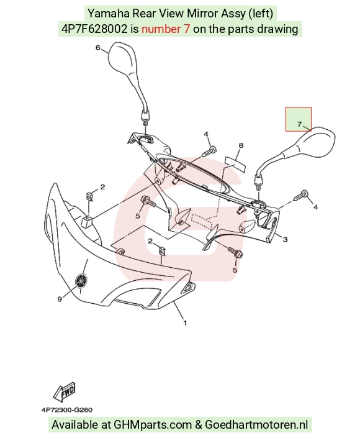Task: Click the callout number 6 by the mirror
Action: click(97, 48)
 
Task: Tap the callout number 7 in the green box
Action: click(299, 124)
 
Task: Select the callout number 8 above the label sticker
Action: click(241, 145)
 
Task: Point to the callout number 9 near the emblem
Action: click(60, 299)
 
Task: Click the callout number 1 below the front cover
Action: click(185, 323)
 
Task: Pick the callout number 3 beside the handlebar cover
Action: click(286, 239)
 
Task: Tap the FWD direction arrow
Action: click(65, 391)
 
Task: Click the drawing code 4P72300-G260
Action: click(66, 410)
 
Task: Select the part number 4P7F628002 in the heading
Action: click(94, 29)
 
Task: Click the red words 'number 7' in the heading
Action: click(166, 29)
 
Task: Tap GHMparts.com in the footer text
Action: click(153, 425)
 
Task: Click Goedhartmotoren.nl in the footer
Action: click(256, 424)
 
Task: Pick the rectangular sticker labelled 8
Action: click(235, 164)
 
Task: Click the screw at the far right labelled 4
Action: click(301, 195)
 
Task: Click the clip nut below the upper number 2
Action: click(89, 197)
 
